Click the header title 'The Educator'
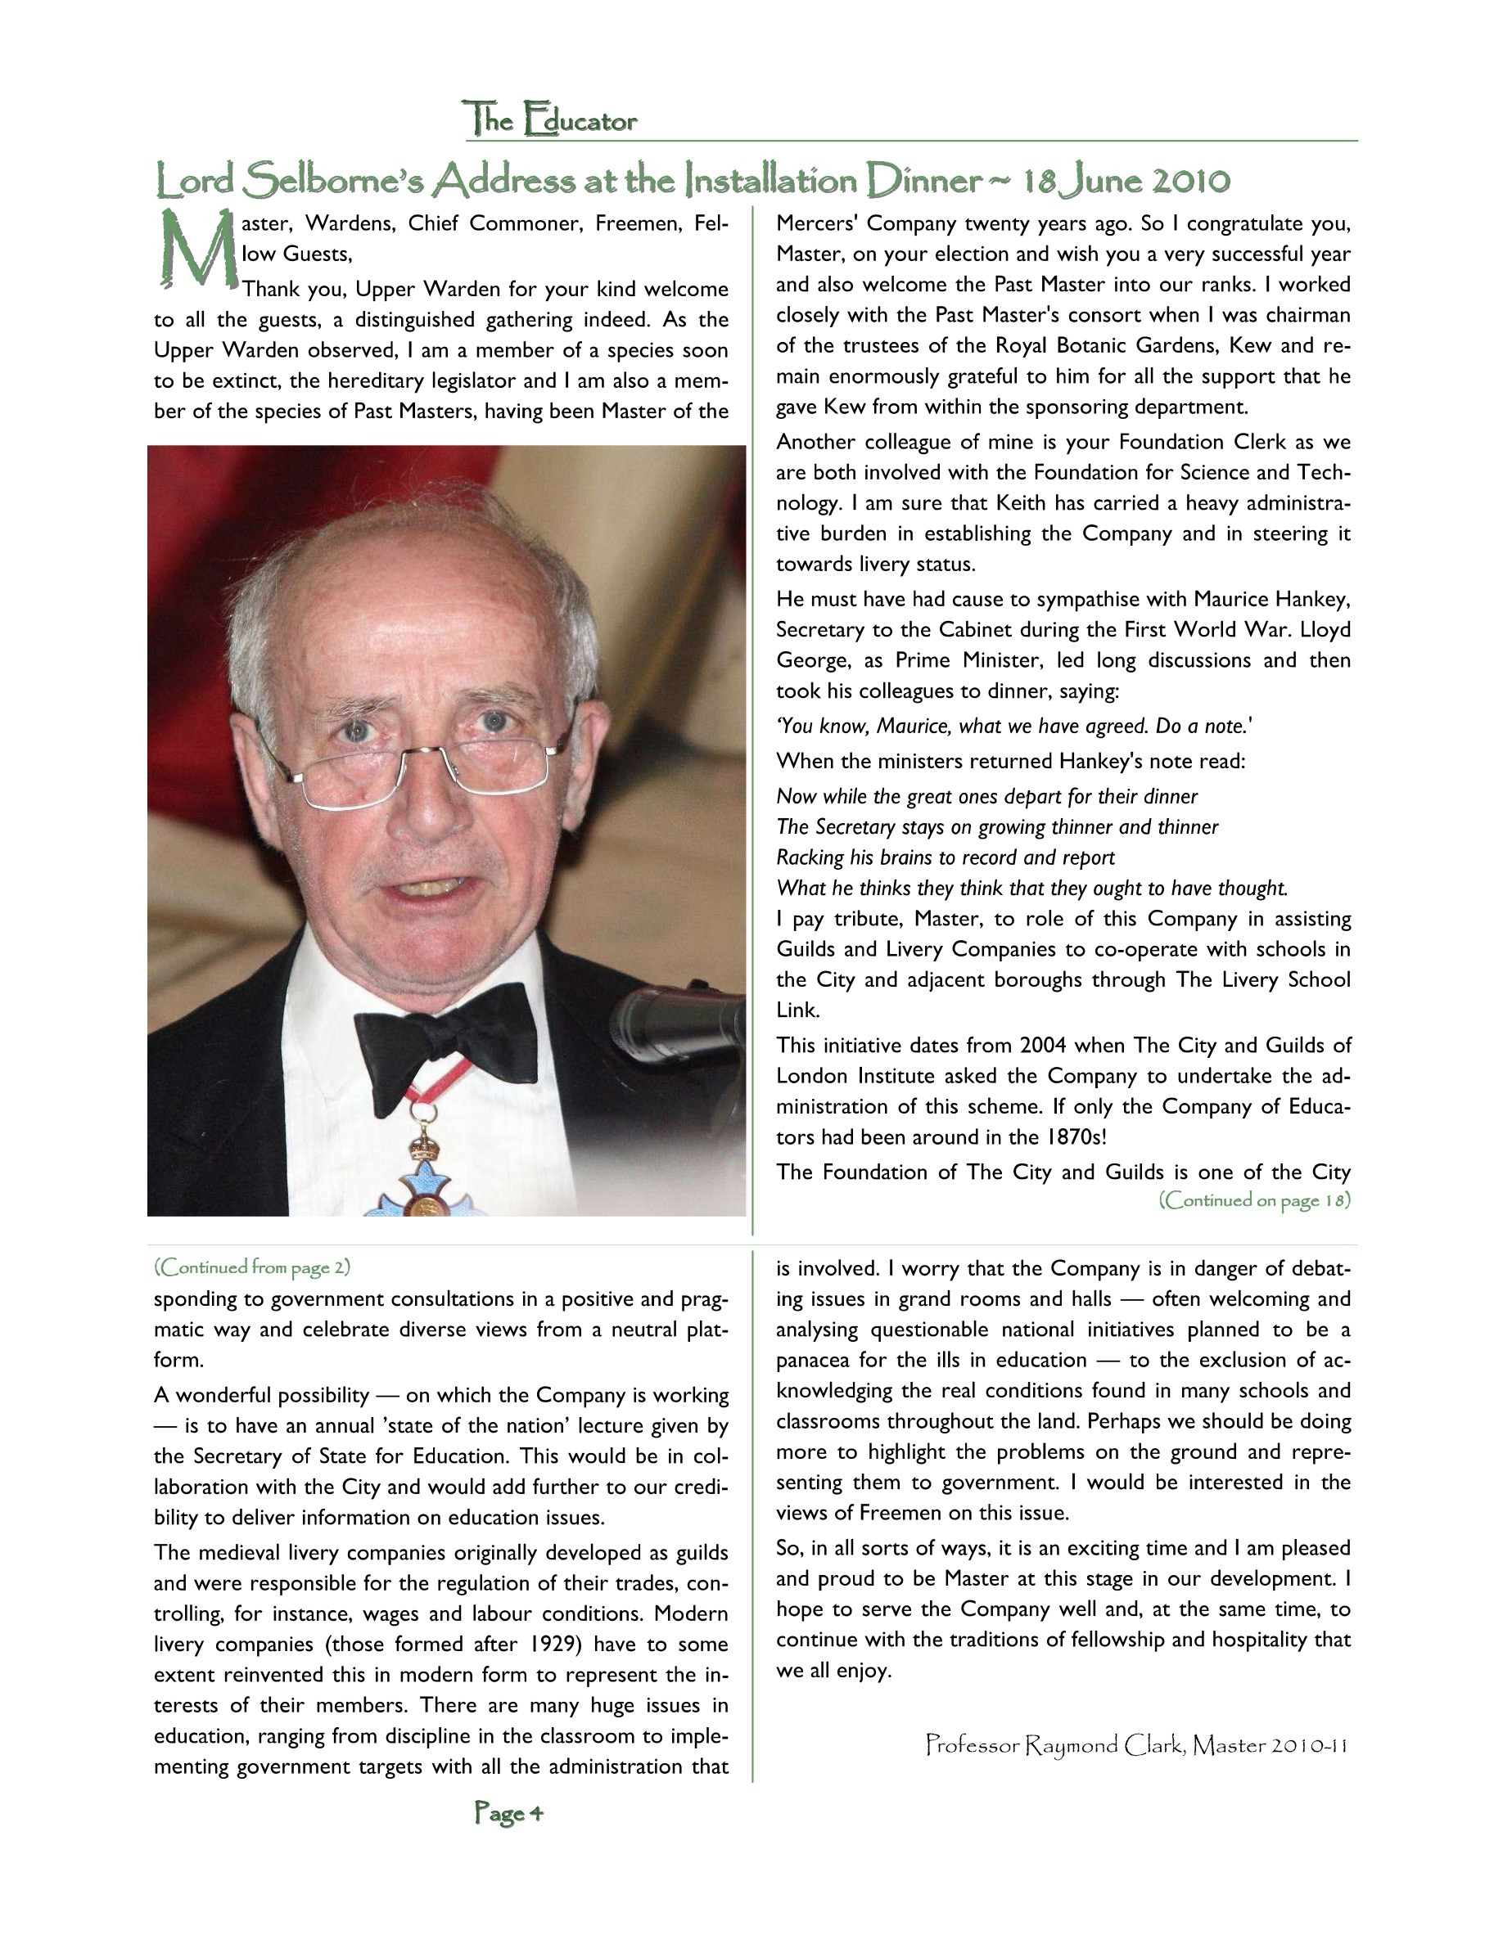[550, 119]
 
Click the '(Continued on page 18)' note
[1253, 1200]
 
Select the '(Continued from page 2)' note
[252, 1266]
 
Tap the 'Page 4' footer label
[508, 1812]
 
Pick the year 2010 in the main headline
[1191, 181]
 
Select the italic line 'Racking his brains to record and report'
[945, 857]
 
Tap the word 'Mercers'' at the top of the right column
[810, 223]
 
